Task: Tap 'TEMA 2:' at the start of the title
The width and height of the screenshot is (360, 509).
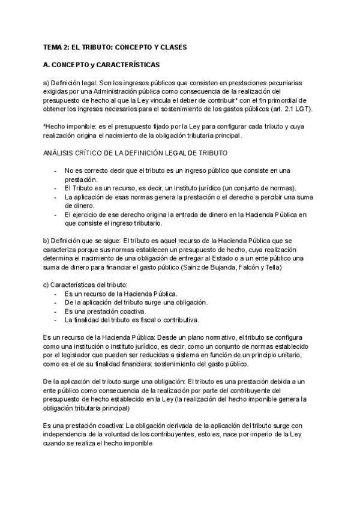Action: tap(56, 46)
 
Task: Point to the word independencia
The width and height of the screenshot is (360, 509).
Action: tap(69, 434)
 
